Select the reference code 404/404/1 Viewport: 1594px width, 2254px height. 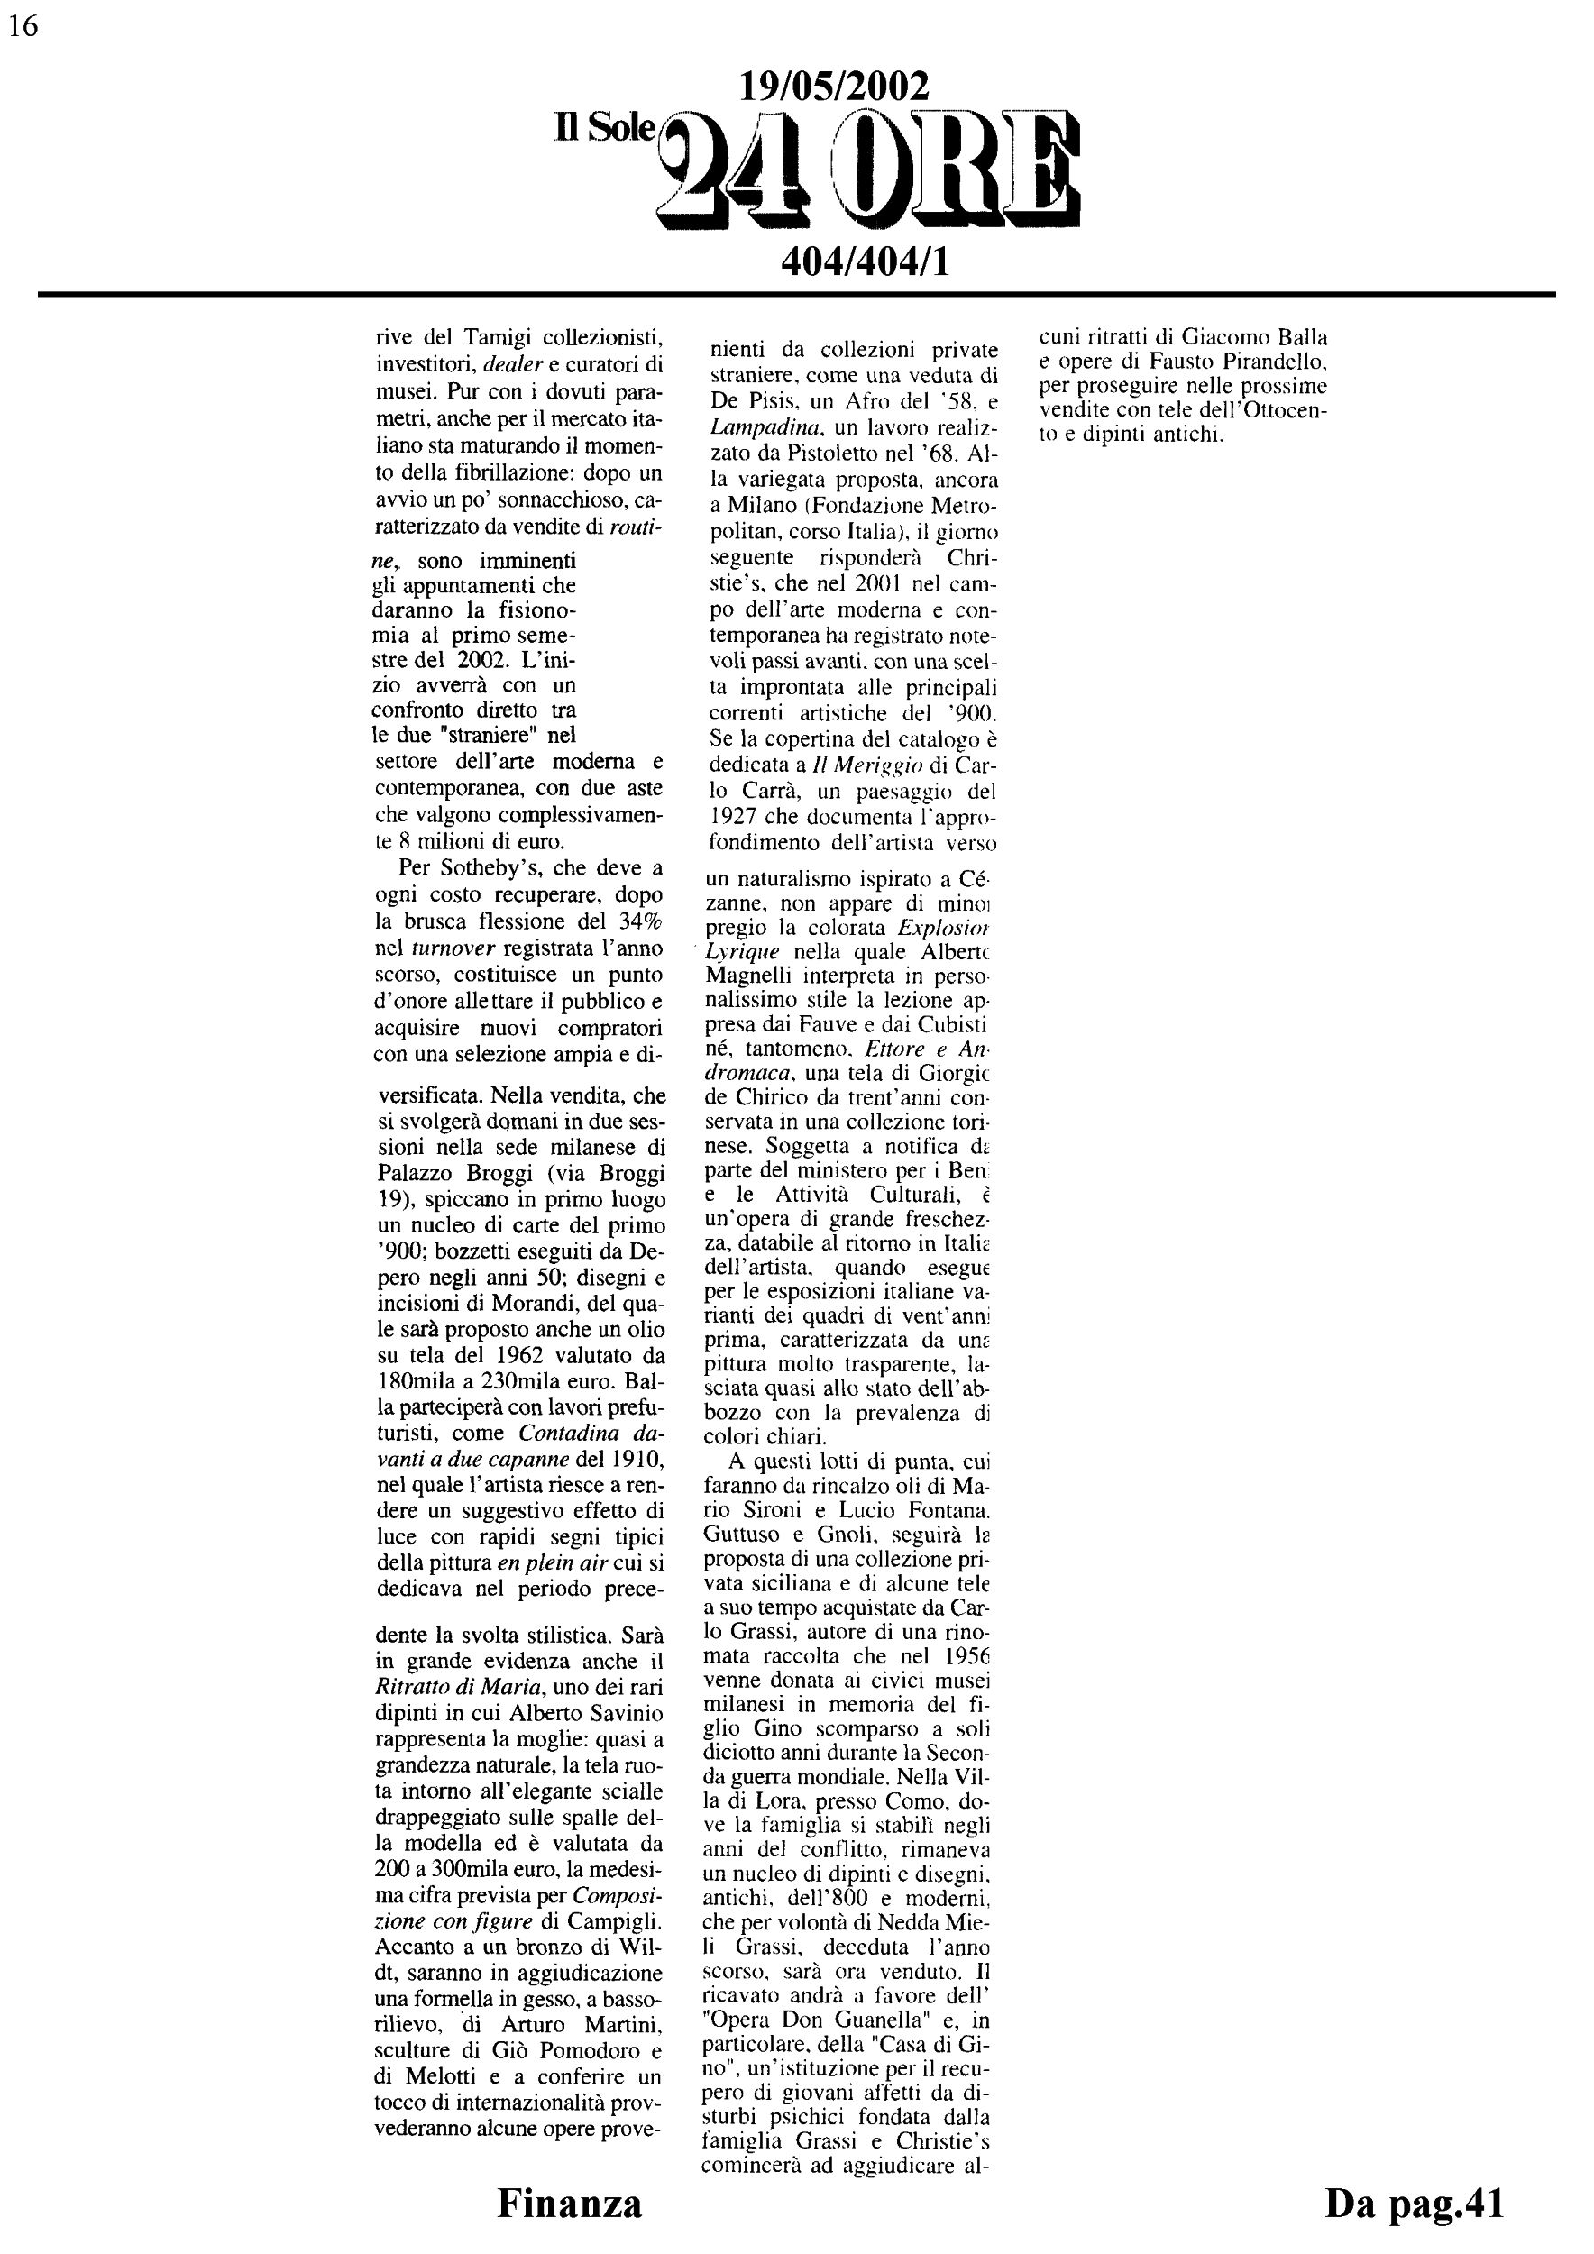864,261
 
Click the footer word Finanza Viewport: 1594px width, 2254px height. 569,2203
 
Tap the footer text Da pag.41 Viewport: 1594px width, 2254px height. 1414,2203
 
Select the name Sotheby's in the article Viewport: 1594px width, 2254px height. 496,868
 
